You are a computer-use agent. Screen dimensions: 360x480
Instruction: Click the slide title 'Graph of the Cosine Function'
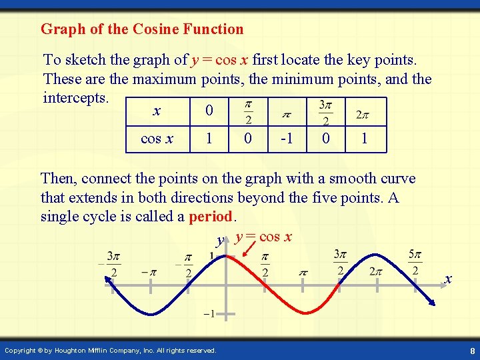(x=142, y=29)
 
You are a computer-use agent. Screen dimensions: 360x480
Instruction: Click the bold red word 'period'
(x=210, y=217)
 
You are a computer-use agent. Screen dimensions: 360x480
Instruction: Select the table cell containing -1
(x=287, y=139)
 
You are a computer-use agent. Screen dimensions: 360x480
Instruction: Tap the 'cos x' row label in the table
(x=157, y=139)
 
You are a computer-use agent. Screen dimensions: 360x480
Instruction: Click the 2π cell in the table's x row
(x=363, y=114)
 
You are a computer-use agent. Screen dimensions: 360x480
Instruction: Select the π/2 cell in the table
(x=247, y=112)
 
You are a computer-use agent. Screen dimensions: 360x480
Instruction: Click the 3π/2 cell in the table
(x=325, y=112)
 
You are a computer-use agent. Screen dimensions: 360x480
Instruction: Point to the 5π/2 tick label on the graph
(x=414, y=262)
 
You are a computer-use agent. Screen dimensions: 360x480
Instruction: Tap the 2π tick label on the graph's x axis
(x=376, y=272)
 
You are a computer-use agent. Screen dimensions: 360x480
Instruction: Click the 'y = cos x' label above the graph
(x=263, y=237)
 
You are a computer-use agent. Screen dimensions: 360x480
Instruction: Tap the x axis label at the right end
(x=448, y=279)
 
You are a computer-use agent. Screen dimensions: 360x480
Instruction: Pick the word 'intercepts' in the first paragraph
(x=75, y=97)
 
